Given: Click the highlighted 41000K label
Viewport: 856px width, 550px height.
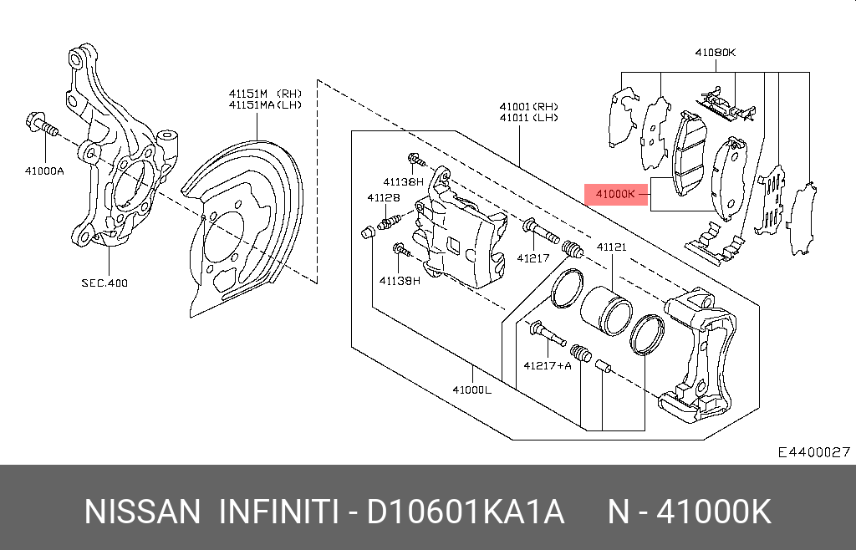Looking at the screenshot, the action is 616,194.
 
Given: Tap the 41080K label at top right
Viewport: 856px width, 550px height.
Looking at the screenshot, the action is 716,53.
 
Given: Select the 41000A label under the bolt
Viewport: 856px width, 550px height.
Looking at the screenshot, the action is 44,171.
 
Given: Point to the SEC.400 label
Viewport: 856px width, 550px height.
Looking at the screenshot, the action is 104,283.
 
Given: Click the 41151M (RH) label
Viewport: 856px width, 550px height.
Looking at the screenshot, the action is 265,94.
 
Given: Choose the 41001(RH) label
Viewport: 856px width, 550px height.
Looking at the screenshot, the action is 529,106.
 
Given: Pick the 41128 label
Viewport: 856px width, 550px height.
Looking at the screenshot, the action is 383,197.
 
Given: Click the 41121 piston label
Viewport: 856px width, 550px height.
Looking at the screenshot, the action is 611,247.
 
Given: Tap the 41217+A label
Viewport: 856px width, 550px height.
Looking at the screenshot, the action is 548,365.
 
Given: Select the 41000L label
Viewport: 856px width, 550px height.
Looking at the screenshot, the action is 472,390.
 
